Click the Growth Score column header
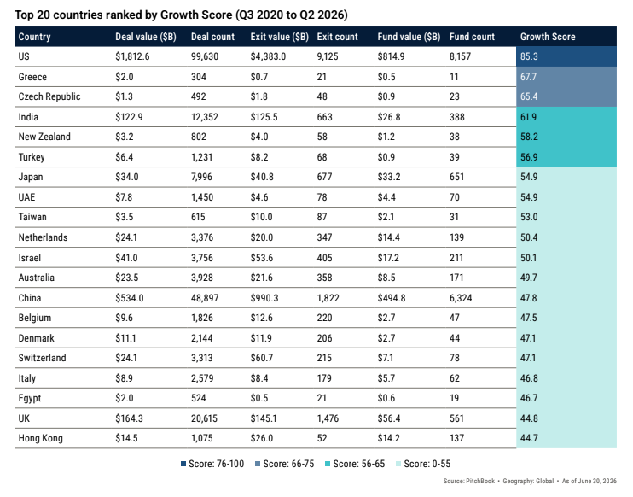548,37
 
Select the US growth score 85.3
529,56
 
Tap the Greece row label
32,77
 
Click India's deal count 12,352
204,117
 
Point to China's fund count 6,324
461,298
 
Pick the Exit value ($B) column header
279,37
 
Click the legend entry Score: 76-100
212,464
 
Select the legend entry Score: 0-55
423,464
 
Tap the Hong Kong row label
40,438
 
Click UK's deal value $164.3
129,418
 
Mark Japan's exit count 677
324,177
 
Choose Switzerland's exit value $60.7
261,358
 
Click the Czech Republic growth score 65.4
529,96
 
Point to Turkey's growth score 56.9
529,157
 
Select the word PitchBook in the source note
480,481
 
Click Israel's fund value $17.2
388,258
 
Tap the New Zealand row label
44,137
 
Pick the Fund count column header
472,37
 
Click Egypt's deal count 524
198,398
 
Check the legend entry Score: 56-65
355,464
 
